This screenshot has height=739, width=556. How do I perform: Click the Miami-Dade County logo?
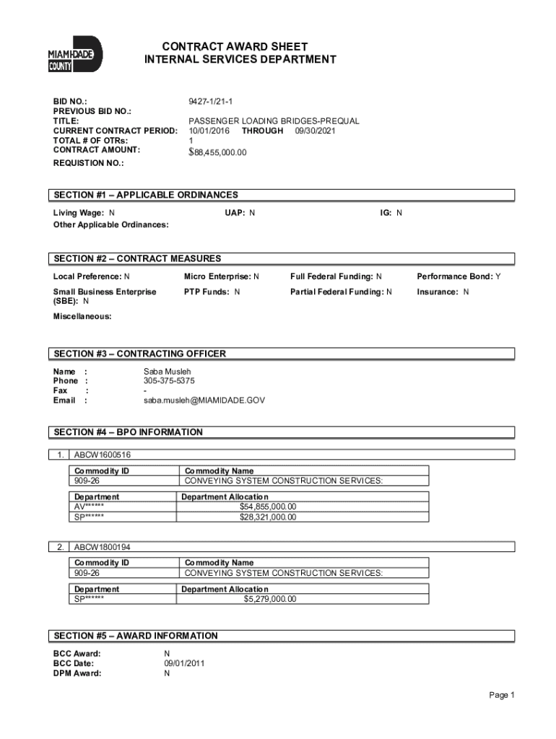75,54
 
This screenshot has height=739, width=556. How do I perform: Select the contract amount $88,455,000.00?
217,152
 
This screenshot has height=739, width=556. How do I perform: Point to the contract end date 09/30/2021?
315,131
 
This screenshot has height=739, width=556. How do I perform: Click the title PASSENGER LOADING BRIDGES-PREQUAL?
274,121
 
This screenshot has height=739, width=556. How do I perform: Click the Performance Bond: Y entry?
459,276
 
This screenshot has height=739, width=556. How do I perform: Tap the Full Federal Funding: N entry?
336,276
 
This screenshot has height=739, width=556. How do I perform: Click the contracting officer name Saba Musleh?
168,372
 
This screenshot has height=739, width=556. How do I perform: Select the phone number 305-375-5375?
169,381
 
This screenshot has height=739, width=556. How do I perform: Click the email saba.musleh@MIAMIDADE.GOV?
204,400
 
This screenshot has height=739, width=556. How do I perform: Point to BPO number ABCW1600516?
103,455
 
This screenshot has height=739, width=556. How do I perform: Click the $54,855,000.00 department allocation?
268,507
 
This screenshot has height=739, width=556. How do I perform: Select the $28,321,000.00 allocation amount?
268,517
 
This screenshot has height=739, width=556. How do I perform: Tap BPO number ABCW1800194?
103,547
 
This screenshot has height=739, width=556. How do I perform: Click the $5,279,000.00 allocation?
269,599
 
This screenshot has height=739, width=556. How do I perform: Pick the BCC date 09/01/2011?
185,663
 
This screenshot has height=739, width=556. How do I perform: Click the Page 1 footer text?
501,695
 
